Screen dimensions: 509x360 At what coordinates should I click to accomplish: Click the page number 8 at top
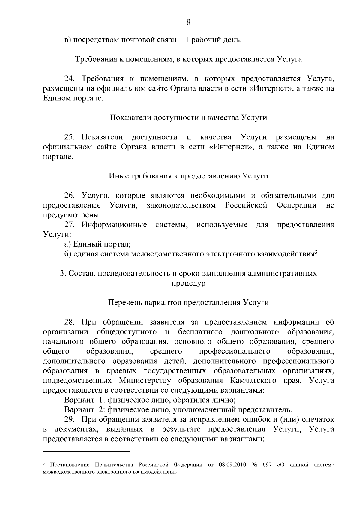click(x=188, y=22)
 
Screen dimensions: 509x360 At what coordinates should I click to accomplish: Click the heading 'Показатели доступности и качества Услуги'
click(x=188, y=118)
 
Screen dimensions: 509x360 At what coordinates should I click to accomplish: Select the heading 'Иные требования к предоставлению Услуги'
click(x=188, y=176)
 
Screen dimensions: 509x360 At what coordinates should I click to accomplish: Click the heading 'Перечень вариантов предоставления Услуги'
click(x=188, y=302)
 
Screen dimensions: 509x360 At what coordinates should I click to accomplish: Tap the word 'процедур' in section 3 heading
click(x=188, y=283)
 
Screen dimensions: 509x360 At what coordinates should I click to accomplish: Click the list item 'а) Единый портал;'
click(x=97, y=244)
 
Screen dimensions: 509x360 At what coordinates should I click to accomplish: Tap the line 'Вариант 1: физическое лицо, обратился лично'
click(x=150, y=400)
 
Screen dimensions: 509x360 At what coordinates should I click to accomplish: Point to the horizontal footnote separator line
click(x=86, y=451)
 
